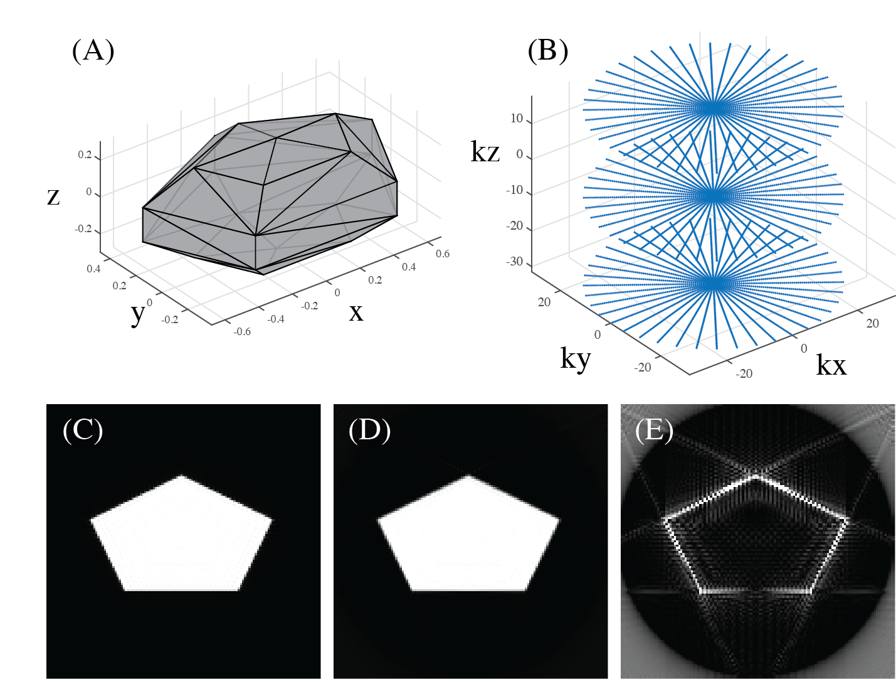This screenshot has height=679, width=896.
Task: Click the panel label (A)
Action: (x=93, y=51)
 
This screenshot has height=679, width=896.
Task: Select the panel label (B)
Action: (x=547, y=51)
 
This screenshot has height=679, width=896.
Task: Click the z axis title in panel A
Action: (x=54, y=196)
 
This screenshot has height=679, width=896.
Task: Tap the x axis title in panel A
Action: (x=356, y=312)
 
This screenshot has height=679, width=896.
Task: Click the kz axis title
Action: (x=485, y=152)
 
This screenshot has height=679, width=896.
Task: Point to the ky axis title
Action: (x=575, y=359)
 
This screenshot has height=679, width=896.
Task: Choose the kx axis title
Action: (x=831, y=365)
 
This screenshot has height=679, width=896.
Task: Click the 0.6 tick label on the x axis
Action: (x=443, y=254)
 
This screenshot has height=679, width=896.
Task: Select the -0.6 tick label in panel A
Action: (x=242, y=331)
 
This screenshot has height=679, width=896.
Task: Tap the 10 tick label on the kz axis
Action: (x=517, y=119)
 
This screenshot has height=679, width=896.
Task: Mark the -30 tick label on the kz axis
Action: (x=514, y=262)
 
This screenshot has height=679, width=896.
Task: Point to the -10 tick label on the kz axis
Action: (x=514, y=190)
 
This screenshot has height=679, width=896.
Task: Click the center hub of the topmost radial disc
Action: (x=713, y=109)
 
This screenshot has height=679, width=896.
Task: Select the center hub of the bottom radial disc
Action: (x=713, y=284)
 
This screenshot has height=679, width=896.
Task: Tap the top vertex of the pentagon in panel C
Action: (x=182, y=476)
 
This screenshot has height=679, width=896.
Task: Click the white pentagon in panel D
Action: (x=468, y=540)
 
